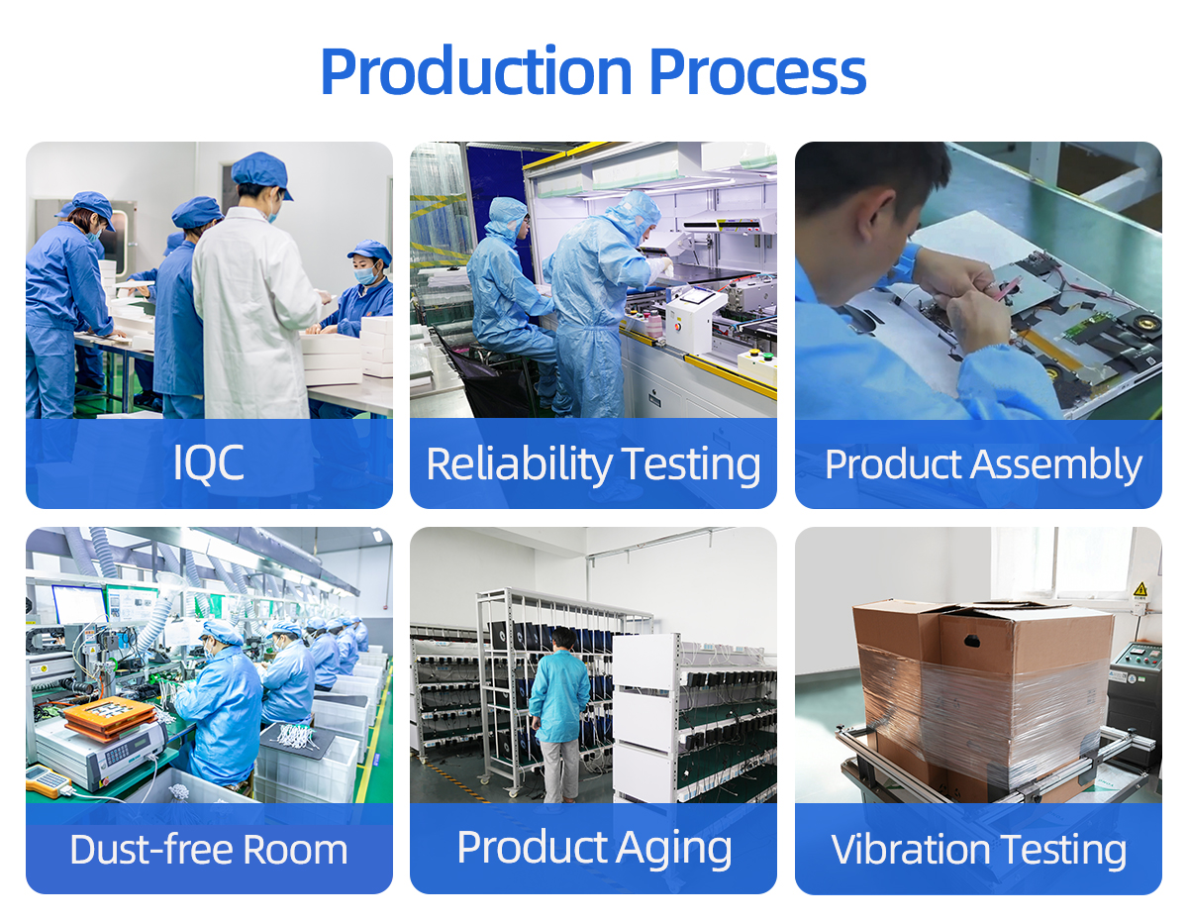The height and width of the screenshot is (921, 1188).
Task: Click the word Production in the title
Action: coord(476,72)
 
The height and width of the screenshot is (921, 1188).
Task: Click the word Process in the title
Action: coord(757,72)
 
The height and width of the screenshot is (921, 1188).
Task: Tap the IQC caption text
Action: coord(208,463)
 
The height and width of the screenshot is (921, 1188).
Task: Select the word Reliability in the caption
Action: coord(519,465)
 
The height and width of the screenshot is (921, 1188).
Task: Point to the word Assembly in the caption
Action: coord(1056,465)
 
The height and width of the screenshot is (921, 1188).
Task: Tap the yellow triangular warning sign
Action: coord(1139,590)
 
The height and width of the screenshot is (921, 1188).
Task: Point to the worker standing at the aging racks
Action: coord(558,714)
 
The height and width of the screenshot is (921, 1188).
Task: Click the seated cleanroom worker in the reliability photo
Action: coord(509,306)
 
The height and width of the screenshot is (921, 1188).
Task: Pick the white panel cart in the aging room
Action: coord(646,716)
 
